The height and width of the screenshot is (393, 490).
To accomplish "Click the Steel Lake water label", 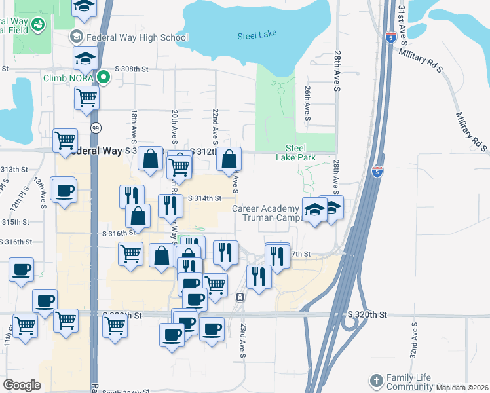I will coord(257,35).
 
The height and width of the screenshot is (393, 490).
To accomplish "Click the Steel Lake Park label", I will coord(301,153).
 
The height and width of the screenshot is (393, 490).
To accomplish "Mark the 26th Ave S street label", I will coord(307,102).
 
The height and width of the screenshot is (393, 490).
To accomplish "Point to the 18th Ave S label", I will coord(134,126).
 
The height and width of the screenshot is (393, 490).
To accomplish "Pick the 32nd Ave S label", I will coord(414,340).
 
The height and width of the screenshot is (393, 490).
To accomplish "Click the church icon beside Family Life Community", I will coord(376,380).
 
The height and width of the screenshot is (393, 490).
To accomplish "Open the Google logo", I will coord(22,385).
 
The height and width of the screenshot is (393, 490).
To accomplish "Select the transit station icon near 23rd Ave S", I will coord(240,297).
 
